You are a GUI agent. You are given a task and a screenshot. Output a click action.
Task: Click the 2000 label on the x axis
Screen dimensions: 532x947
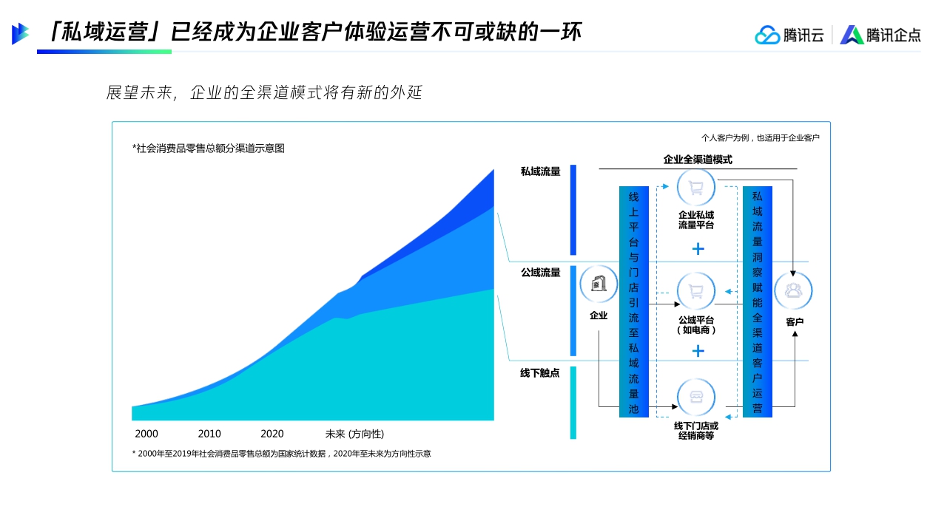click(146, 434)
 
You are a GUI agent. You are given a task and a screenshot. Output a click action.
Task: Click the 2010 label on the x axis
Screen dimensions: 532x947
click(209, 434)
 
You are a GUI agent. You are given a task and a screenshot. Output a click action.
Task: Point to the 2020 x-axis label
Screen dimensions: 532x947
click(272, 434)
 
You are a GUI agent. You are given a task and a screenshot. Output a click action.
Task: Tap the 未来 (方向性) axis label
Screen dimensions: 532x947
click(354, 434)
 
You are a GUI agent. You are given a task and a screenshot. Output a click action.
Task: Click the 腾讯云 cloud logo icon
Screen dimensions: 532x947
click(767, 35)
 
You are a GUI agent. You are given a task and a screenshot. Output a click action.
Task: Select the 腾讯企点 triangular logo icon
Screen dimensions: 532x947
click(852, 35)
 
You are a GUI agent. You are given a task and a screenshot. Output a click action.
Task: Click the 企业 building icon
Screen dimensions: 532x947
click(599, 284)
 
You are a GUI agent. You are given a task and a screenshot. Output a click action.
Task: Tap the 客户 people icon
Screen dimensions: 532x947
click(793, 290)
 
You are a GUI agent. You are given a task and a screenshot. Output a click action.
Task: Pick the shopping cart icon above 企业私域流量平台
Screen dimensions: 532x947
click(696, 187)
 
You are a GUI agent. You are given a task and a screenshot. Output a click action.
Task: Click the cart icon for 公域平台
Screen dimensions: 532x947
click(696, 290)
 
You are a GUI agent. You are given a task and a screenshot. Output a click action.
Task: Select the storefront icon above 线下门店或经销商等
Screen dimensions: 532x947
click(696, 398)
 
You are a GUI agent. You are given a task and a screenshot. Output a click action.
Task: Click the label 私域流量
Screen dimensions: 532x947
click(540, 171)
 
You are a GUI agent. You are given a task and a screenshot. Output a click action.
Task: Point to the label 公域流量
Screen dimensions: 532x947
click(540, 272)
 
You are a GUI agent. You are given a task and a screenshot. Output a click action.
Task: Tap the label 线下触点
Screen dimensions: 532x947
click(540, 373)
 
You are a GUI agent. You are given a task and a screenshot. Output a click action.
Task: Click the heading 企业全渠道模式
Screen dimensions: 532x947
click(698, 159)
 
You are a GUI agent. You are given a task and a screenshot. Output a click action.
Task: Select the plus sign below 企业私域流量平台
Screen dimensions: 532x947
click(698, 248)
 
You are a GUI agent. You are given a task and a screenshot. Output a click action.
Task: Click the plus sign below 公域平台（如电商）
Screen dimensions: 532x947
click(698, 350)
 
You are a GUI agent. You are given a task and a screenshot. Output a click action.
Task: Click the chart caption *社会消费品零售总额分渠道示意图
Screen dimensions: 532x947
click(209, 149)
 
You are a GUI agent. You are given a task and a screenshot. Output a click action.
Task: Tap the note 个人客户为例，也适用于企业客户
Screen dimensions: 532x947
click(760, 137)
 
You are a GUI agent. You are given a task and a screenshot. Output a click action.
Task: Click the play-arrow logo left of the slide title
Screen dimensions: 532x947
click(20, 33)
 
